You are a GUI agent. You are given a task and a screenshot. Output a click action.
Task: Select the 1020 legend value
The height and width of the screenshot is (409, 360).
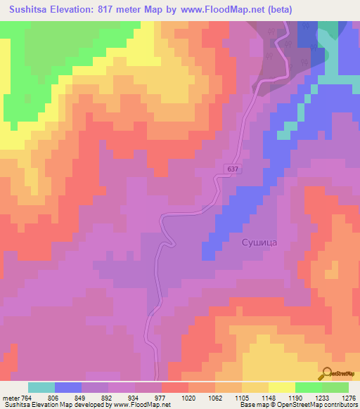click(187, 396)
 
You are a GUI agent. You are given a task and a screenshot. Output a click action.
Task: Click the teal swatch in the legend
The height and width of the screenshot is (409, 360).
click(41, 387)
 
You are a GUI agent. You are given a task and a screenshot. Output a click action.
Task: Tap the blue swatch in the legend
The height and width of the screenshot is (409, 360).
click(67, 387)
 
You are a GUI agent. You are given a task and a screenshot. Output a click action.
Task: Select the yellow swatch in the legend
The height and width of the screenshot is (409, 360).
click(281, 387)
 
